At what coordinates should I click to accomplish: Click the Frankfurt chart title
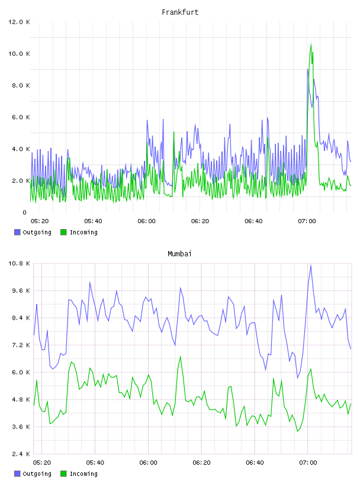pos(180,12)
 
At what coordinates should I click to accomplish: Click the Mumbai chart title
pos(179,254)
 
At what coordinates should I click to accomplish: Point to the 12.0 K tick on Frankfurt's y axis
pos(19,22)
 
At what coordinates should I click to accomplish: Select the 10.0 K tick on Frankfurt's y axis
pos(19,54)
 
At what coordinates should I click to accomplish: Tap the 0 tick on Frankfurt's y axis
pos(25,212)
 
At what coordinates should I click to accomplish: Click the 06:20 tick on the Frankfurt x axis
pos(200,221)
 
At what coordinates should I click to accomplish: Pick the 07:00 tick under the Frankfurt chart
pos(307,221)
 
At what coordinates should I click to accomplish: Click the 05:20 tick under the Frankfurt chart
pos(40,221)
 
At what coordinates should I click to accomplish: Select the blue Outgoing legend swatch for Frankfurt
pos(17,232)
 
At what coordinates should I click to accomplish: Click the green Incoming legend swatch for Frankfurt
pos(63,232)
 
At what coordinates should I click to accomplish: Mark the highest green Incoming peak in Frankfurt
pos(311,44)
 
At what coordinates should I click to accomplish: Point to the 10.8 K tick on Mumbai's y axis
pos(19,263)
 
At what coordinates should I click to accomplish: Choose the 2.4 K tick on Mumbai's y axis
pos(21,454)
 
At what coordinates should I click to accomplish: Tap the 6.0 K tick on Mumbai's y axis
pos(21,372)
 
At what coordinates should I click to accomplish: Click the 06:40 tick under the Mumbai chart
pos(255,463)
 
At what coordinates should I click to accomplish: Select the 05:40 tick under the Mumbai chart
pos(95,463)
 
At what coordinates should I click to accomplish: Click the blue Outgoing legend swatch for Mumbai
pos(17,474)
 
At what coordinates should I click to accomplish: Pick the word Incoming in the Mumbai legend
pos(83,474)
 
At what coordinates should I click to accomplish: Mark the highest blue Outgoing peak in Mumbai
pos(311,265)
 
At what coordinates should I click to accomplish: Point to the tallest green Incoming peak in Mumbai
pos(181,356)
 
